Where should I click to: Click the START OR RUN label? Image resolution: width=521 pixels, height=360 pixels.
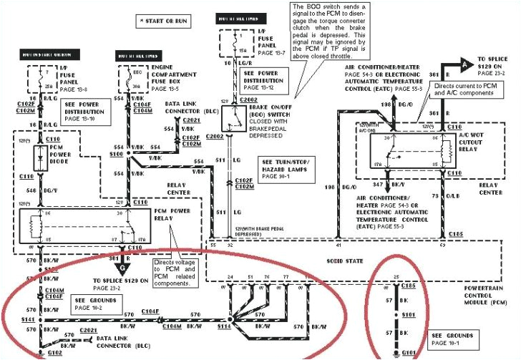tap(167, 21)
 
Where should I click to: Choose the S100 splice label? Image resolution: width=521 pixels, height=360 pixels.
tap(116, 153)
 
